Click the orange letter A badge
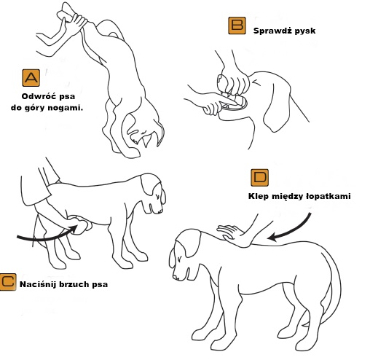pyautogui.click(x=31, y=78)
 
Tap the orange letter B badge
pyautogui.click(x=237, y=26)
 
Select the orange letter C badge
pyautogui.click(x=8, y=282)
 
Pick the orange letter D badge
pyautogui.click(x=259, y=178)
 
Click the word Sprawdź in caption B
pyautogui.click(x=271, y=31)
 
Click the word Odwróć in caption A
pyautogui.click(x=38, y=96)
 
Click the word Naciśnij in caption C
pyautogui.click(x=38, y=284)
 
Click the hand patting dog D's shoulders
pyautogui.click(x=232, y=234)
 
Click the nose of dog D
pyautogui.click(x=176, y=277)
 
